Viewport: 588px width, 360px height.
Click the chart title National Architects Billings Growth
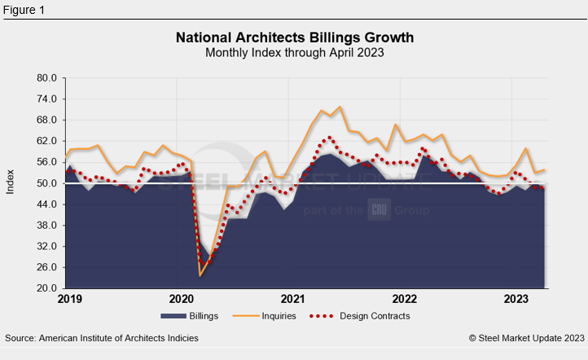coord(294,37)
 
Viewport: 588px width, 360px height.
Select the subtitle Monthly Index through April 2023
coord(294,53)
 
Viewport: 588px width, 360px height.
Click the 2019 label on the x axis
coord(67,300)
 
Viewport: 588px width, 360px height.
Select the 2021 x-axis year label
coord(292,300)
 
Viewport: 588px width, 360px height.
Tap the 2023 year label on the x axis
coord(518,300)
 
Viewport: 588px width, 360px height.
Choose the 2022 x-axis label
coord(405,300)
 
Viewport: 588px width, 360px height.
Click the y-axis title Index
coord(11,182)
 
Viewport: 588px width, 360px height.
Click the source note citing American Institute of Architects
coord(101,337)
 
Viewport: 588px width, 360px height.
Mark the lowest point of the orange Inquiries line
coord(200,276)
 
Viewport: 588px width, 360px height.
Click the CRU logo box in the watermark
coord(380,210)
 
